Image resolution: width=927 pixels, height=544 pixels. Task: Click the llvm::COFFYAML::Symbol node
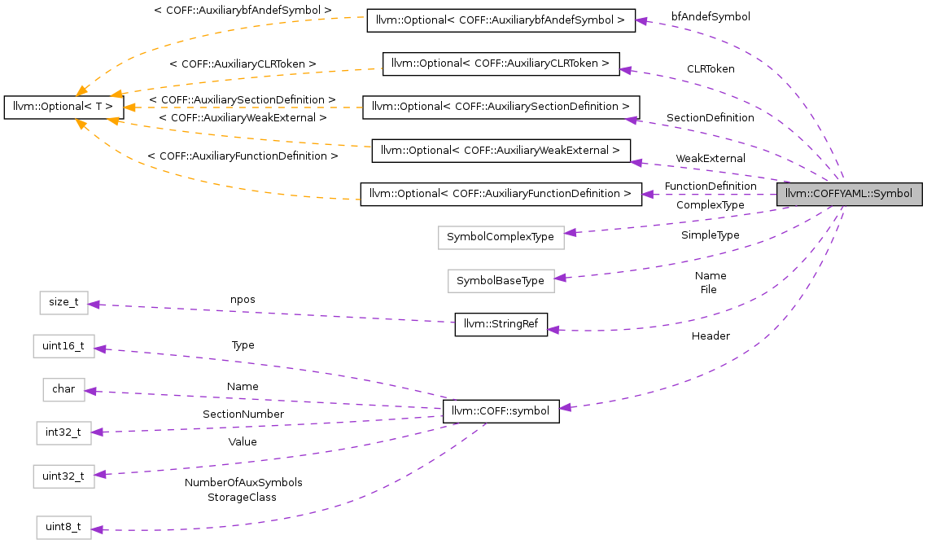(849, 195)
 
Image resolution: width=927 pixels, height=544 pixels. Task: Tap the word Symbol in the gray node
(892, 195)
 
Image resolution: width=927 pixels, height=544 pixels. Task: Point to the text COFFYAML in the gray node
(837, 195)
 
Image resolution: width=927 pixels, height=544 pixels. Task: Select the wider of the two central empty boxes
(501, 238)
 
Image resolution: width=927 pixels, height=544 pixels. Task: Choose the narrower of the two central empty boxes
(501, 281)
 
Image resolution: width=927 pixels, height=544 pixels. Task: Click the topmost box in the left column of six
(63, 303)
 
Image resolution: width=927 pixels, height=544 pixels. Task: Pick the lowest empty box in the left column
(63, 528)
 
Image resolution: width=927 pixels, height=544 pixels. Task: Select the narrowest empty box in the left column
(63, 390)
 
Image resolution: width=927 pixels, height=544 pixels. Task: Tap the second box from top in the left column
(63, 346)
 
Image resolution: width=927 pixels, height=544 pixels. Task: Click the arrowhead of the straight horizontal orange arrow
(129, 107)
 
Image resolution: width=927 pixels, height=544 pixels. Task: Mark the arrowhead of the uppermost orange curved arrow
(81, 92)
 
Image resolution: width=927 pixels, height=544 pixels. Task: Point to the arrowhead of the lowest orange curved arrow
(81, 124)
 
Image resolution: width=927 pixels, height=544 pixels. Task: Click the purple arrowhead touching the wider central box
(571, 233)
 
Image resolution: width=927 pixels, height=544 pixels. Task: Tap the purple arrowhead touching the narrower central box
(561, 278)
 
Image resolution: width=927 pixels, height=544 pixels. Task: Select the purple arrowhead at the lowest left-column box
(97, 530)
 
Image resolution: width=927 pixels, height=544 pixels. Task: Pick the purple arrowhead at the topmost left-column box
(94, 305)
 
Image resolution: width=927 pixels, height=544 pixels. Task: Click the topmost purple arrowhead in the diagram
(641, 20)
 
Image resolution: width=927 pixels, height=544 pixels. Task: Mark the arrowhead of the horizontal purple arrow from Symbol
(646, 195)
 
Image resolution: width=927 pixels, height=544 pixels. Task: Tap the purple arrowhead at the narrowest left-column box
(90, 391)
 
